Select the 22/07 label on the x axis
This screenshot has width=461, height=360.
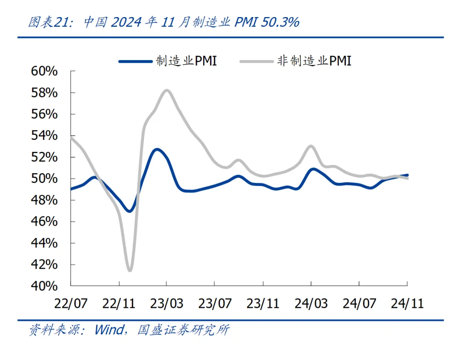click(x=71, y=303)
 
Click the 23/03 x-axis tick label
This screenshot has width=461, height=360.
click(x=167, y=303)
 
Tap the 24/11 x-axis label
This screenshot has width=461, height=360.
click(x=407, y=303)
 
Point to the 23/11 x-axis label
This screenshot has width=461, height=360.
click(x=263, y=303)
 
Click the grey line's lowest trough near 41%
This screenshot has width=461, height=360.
click(x=130, y=270)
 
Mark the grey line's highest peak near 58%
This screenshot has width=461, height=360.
click(x=166, y=90)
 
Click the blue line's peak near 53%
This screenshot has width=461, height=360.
click(x=157, y=149)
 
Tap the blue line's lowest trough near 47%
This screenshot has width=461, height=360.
click(x=129, y=211)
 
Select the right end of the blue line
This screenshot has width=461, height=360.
click(x=407, y=175)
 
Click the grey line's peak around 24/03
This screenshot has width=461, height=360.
click(x=311, y=146)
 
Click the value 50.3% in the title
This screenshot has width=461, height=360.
click(x=280, y=23)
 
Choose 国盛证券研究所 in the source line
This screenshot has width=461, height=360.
click(x=184, y=330)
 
